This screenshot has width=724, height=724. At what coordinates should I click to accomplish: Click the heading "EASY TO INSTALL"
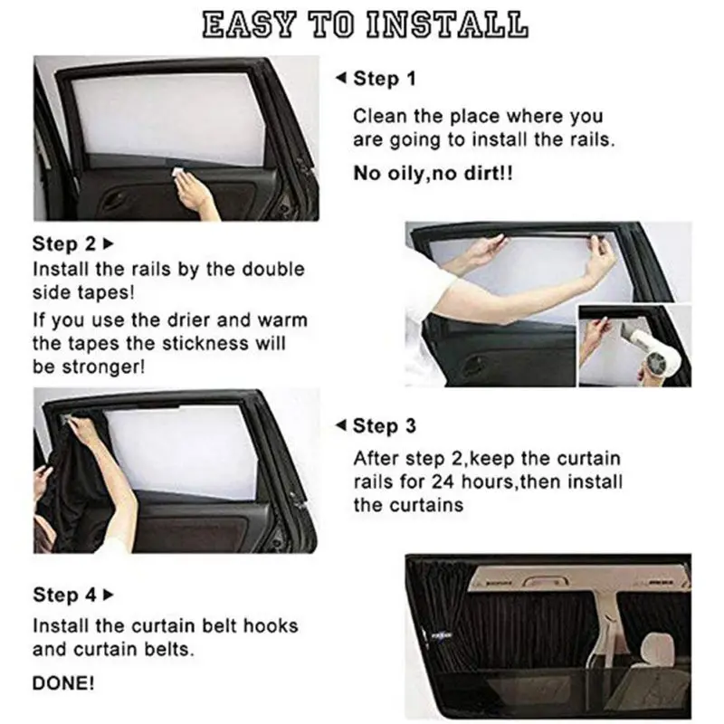[x=362, y=26]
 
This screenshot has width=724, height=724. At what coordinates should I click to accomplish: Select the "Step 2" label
[x=63, y=243]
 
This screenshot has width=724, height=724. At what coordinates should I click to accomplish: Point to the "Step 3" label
[x=384, y=425]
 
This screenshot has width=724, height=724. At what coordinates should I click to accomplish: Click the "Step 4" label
[x=63, y=595]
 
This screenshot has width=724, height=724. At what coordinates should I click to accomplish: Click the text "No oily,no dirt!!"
[x=433, y=173]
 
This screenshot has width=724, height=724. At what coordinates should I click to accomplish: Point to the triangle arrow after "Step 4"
[x=110, y=595]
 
